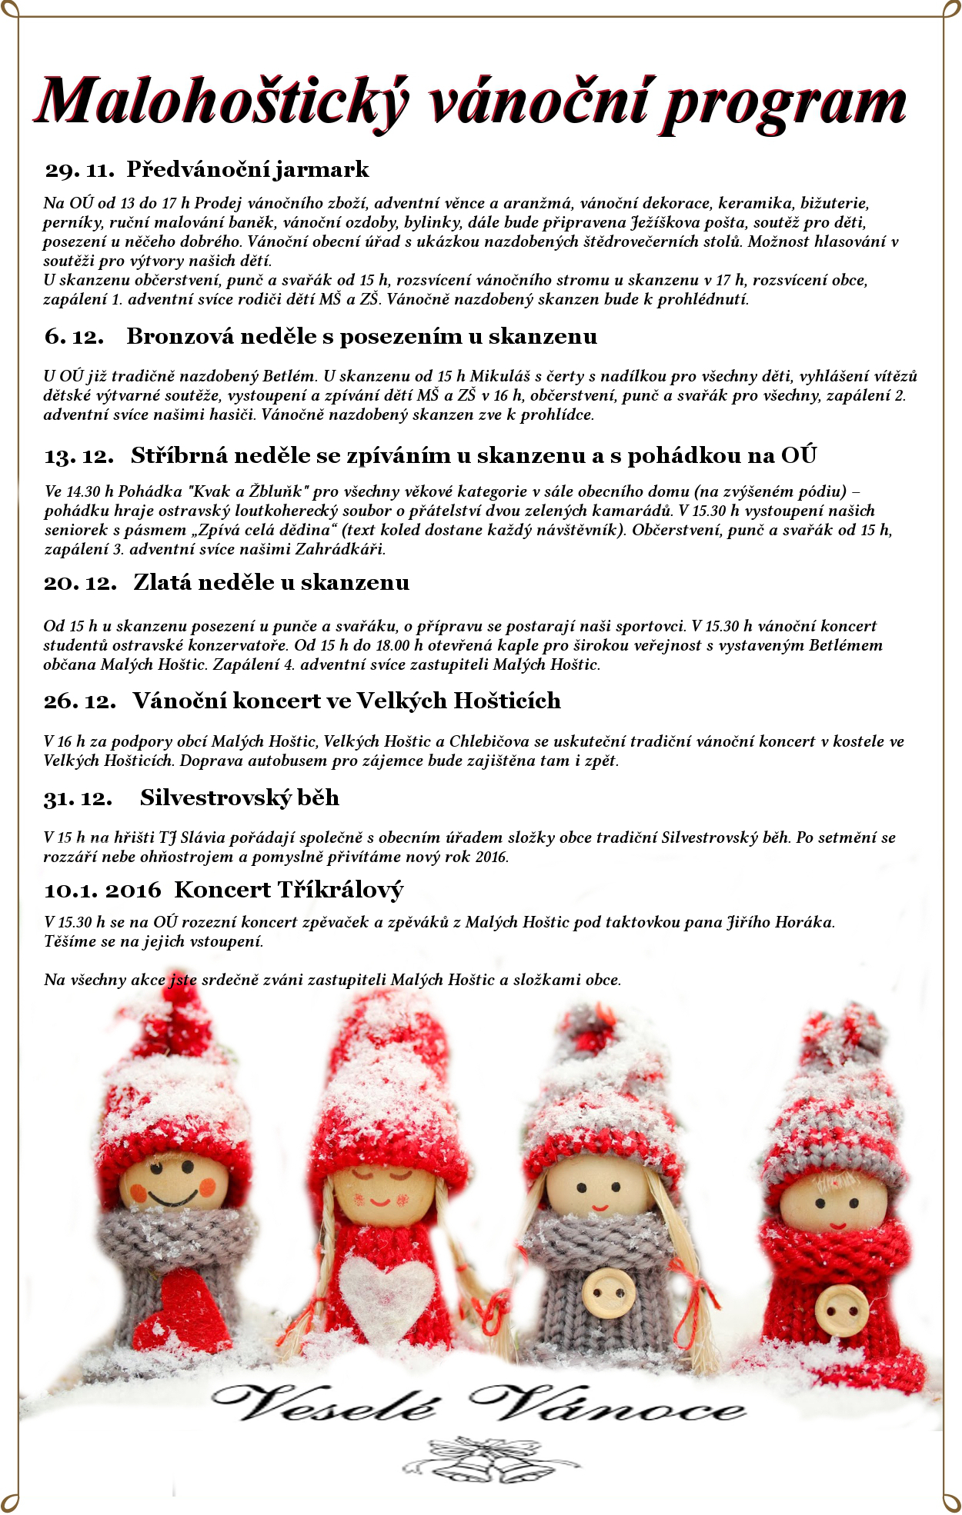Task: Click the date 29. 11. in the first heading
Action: point(79,170)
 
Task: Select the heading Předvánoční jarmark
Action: point(248,170)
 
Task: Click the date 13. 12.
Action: point(79,456)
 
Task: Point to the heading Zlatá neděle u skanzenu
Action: point(271,583)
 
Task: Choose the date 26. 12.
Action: point(79,701)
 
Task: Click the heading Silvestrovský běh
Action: point(239,798)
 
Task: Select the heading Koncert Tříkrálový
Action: point(289,891)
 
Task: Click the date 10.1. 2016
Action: point(102,891)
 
